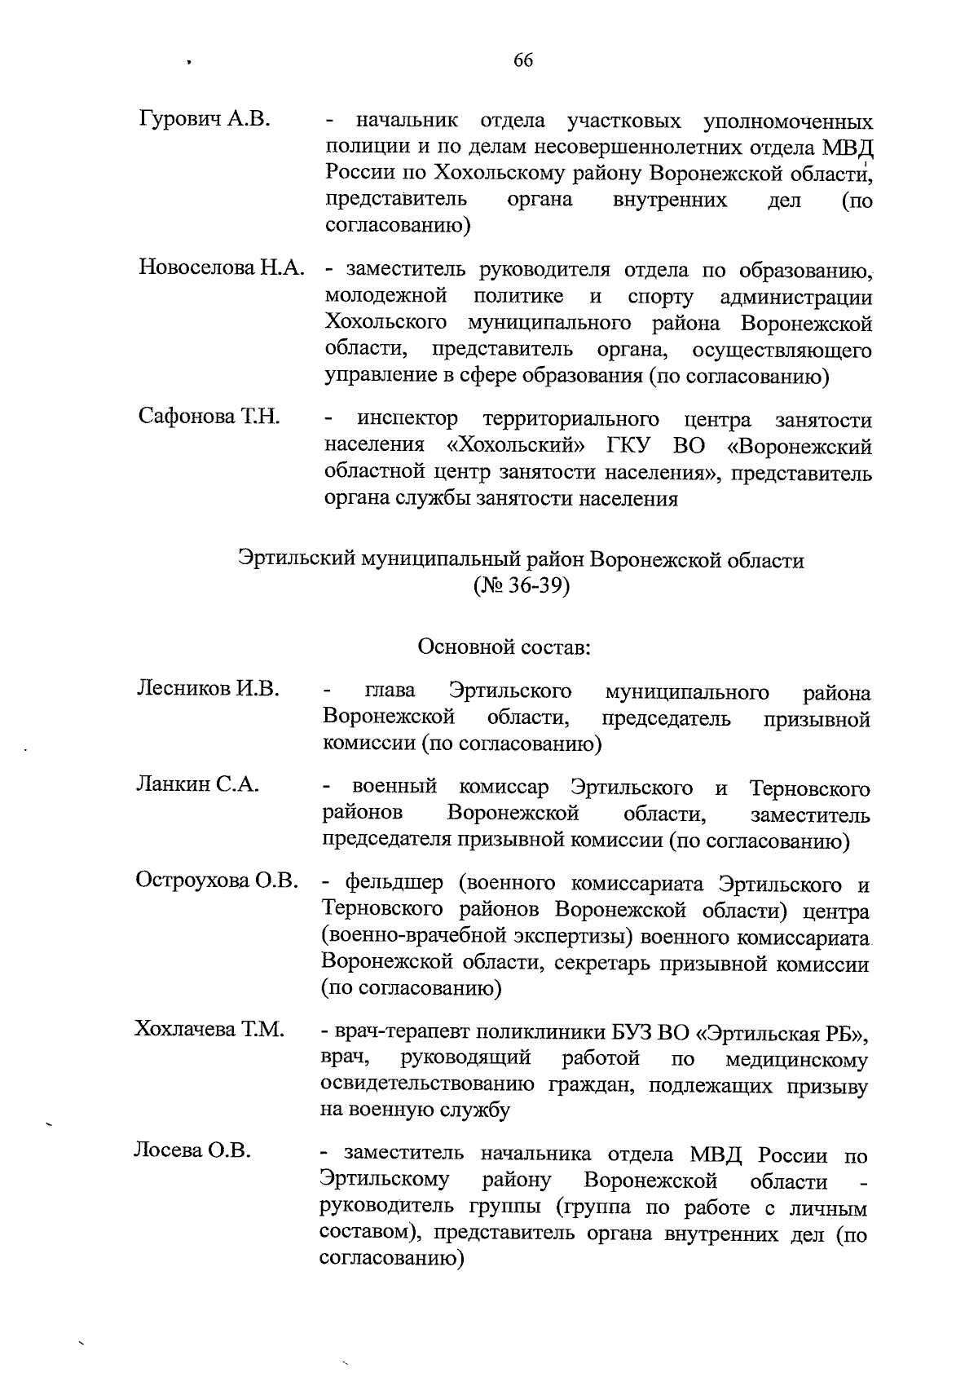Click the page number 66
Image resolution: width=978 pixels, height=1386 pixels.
[523, 60]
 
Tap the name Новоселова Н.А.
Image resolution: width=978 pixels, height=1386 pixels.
[222, 268]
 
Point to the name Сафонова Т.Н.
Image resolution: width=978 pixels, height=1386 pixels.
[209, 417]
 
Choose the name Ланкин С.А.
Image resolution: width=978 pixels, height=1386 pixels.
[197, 785]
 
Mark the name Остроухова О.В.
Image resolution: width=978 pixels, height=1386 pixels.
[217, 881]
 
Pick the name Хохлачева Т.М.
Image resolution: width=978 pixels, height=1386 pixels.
[209, 1030]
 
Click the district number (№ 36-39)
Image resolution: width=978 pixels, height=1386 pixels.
[521, 587]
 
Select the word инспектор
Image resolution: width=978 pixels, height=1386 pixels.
[407, 420]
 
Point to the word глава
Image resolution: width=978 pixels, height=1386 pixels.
[390, 691]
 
